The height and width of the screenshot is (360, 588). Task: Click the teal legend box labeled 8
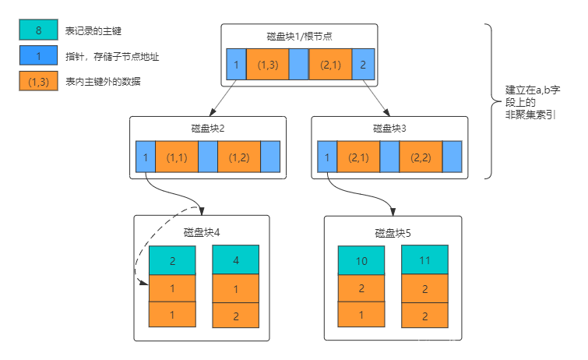click(x=38, y=30)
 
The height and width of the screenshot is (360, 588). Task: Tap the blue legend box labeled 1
click(x=38, y=55)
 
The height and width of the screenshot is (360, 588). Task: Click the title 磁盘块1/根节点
click(x=299, y=36)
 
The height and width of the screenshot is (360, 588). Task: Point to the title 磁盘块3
click(x=389, y=128)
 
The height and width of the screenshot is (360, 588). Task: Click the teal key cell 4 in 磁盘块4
click(x=235, y=260)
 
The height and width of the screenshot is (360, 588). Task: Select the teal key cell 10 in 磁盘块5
click(x=361, y=260)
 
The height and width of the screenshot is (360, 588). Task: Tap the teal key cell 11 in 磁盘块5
click(x=424, y=260)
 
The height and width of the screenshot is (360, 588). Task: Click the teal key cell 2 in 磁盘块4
click(x=172, y=260)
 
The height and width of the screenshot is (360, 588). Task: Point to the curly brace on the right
click(x=491, y=101)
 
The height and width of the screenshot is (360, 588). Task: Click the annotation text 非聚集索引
click(x=530, y=115)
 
